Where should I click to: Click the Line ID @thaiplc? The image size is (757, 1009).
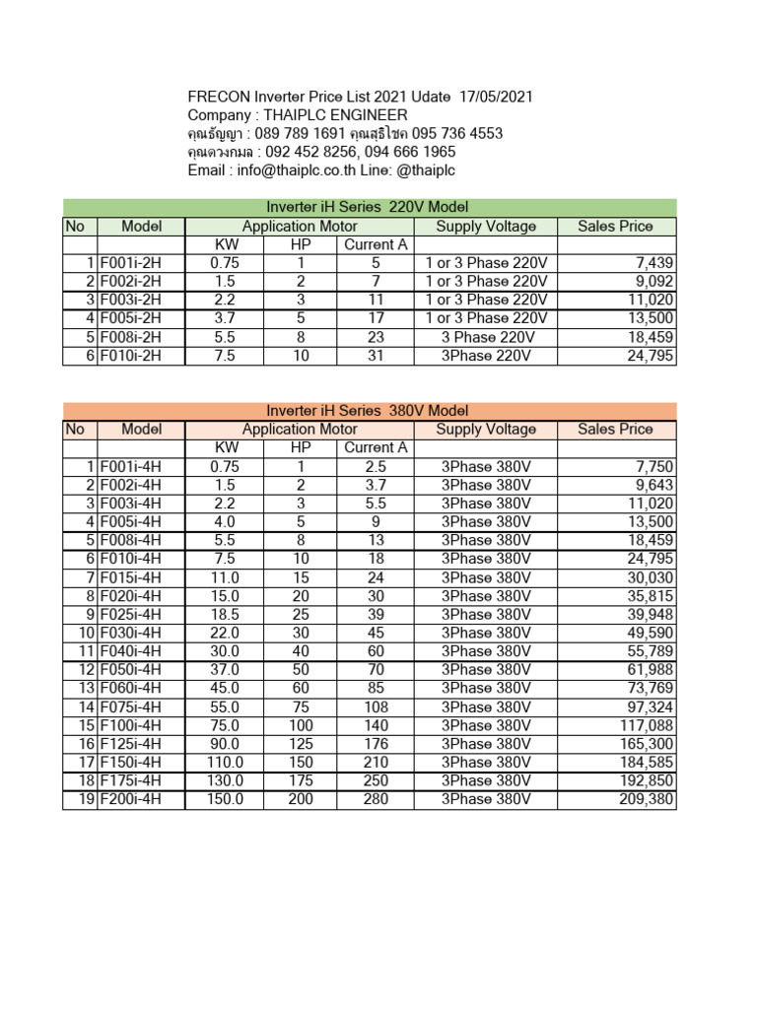click(x=421, y=170)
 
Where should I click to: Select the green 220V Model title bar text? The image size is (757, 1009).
click(x=368, y=207)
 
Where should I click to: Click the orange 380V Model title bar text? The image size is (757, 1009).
click(x=368, y=410)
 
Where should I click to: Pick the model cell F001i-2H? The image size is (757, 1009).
click(x=130, y=263)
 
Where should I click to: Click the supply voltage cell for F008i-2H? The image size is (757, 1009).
click(x=486, y=337)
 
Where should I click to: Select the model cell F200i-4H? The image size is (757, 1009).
click(x=130, y=799)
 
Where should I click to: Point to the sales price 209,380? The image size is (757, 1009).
click(x=646, y=799)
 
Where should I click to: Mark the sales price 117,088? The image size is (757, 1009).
click(x=646, y=725)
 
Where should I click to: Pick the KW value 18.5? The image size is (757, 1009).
click(x=227, y=614)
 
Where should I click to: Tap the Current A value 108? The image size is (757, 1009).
click(x=376, y=706)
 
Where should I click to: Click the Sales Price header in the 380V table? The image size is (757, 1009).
click(x=615, y=429)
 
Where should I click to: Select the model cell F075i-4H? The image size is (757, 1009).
click(x=130, y=706)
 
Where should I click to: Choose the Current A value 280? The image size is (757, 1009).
click(x=376, y=799)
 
